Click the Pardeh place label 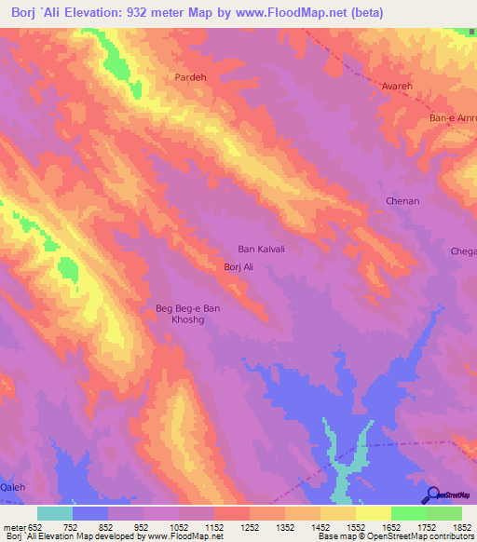point(191,78)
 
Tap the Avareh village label point(398,85)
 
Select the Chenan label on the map point(402,201)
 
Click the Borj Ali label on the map point(238,267)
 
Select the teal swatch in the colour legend point(55,513)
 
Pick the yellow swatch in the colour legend point(373,513)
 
